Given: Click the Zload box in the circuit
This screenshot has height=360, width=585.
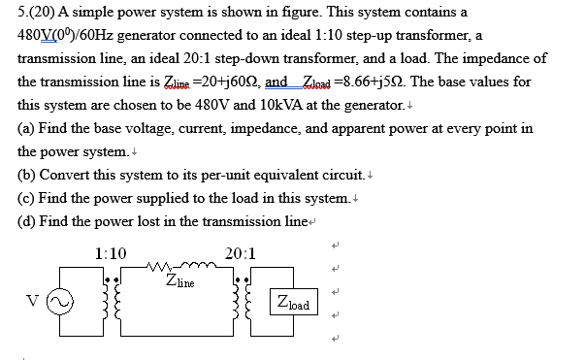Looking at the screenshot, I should click(292, 303).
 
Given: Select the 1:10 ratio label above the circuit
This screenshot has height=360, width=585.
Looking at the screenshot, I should click(112, 253).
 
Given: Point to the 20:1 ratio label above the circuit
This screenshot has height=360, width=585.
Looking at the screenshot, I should click(240, 253).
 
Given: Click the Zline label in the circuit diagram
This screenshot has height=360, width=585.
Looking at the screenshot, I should click(181, 283).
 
